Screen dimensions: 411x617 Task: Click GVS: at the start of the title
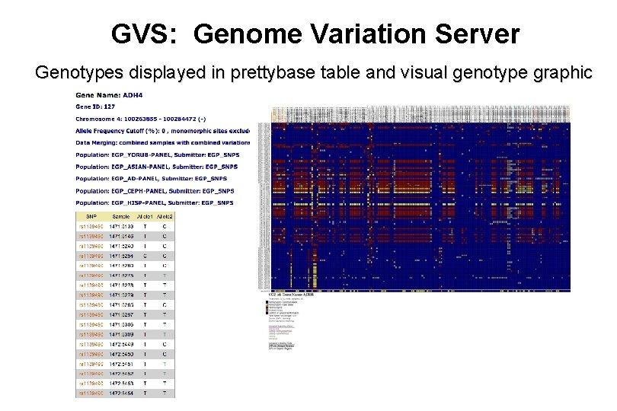(145, 34)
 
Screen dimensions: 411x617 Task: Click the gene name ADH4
(133, 95)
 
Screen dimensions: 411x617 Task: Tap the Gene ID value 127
(110, 107)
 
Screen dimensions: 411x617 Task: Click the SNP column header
(90, 217)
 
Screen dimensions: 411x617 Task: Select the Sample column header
(120, 217)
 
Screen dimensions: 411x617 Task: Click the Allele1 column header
(145, 217)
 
